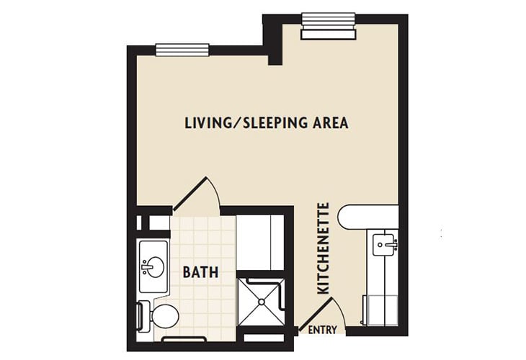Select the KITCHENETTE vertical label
[324, 248]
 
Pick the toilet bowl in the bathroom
[164, 315]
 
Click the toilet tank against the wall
[142, 315]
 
